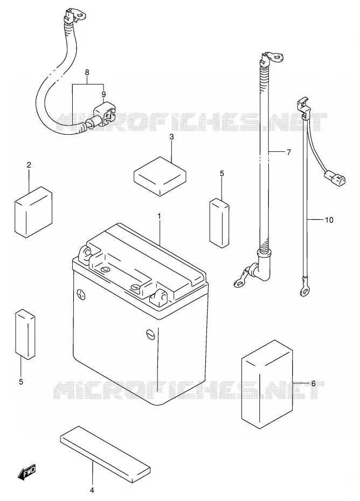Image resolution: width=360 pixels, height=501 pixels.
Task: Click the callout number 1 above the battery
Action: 159,217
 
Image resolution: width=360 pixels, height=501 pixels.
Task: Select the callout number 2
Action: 29,165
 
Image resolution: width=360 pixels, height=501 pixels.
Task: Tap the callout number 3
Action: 171,137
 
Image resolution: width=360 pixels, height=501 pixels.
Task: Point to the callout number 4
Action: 92,490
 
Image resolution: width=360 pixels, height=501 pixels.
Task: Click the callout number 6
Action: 313,383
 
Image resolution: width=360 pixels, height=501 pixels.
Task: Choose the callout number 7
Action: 288,152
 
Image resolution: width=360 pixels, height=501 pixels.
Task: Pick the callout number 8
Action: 87,72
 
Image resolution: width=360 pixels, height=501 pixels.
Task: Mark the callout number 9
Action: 103,94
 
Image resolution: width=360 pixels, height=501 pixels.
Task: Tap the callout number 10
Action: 329,220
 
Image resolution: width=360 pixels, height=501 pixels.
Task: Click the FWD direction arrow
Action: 27,471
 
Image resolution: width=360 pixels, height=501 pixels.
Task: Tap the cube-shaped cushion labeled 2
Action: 33,212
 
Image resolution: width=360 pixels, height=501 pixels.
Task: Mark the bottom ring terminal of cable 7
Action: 241,280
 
